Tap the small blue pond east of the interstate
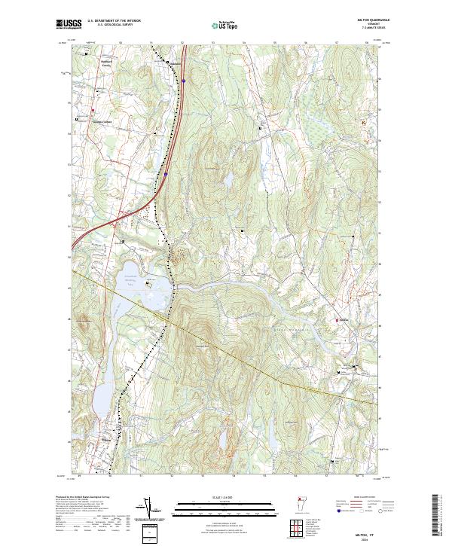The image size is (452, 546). coord(224,181)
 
